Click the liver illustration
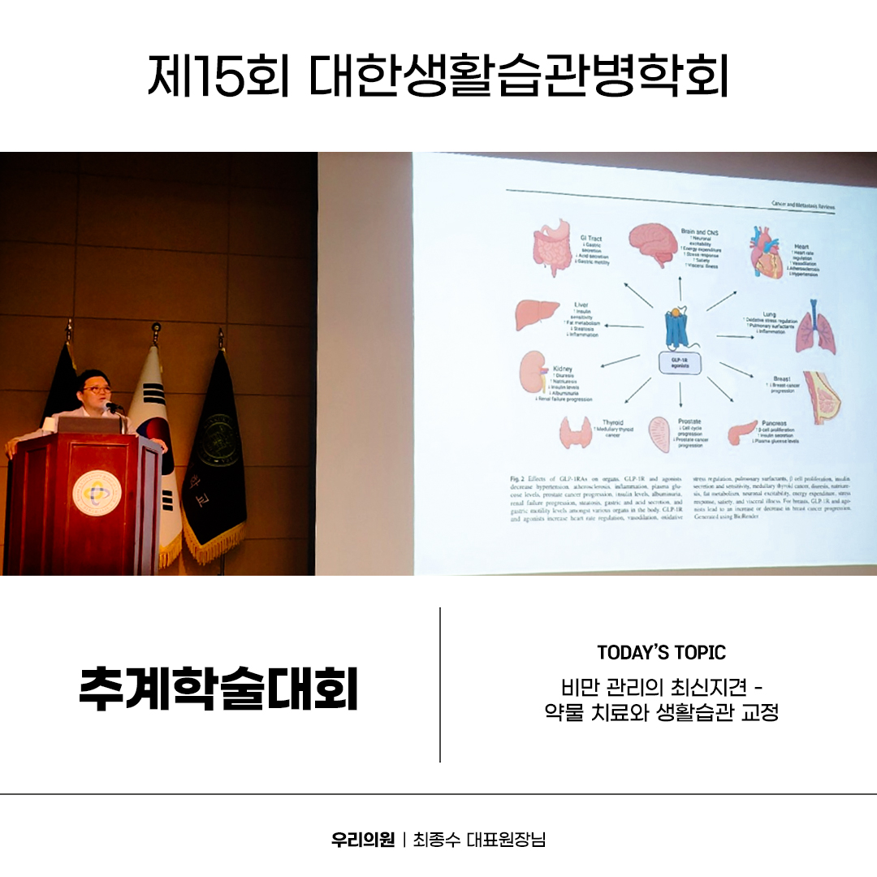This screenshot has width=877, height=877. coord(537,314)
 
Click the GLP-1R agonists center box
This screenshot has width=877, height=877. coord(680,364)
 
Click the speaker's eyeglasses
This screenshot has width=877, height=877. coord(96,390)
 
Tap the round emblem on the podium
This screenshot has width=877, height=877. coord(97,492)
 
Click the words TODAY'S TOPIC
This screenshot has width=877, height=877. coord(661,652)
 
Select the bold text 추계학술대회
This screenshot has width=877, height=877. coord(219,688)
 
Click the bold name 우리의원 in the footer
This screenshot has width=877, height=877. coord(363,839)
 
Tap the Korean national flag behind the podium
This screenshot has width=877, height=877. coord(154,430)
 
